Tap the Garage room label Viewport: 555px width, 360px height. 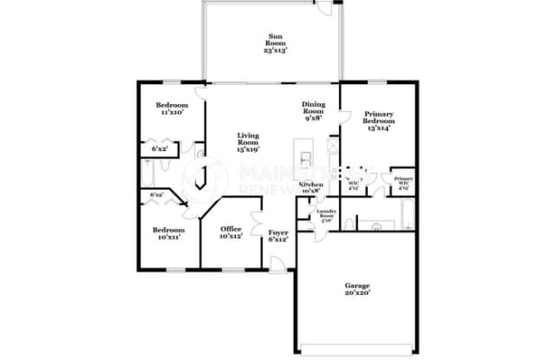(356, 285)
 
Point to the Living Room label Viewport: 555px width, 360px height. (250, 136)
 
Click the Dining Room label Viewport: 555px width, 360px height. (313, 106)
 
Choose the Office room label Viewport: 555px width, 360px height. (229, 230)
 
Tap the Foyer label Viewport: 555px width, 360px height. (277, 232)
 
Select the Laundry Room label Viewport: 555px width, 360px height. (327, 213)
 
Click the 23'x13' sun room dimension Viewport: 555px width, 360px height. (274, 51)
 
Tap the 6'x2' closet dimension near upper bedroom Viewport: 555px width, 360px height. (159, 148)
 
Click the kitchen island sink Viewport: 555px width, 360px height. (306, 159)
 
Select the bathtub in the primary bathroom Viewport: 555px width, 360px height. (408, 213)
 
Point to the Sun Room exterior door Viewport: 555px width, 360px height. (323, 7)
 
